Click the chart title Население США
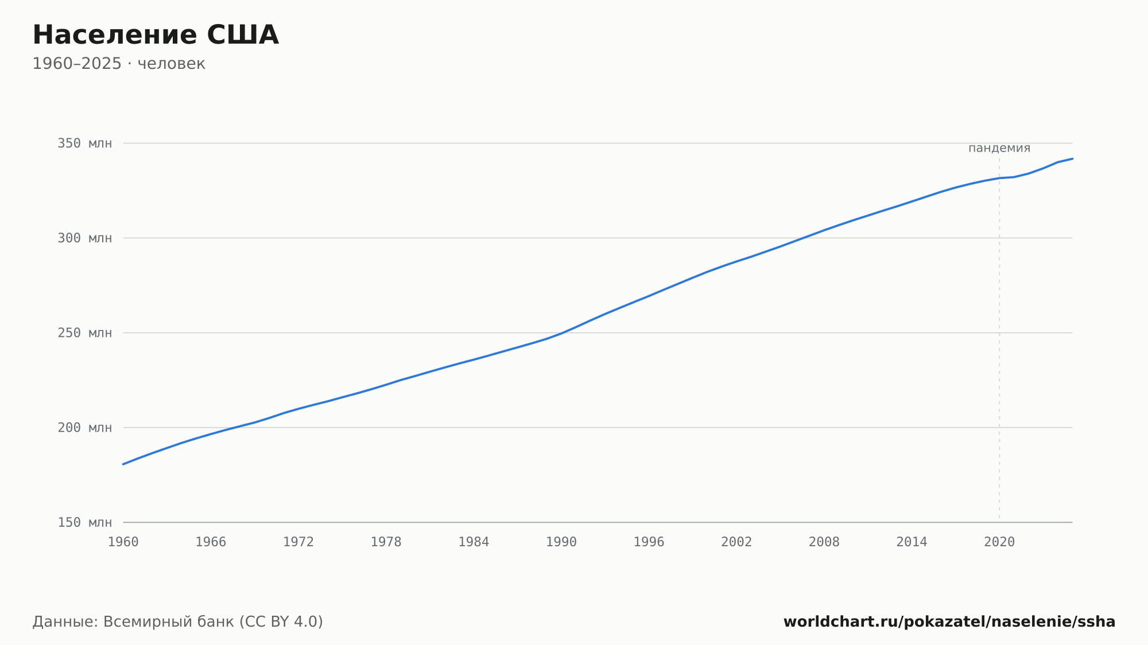tap(156, 35)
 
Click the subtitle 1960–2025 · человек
tap(119, 64)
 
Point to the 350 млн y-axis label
tap(84, 143)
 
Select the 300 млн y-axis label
tap(84, 238)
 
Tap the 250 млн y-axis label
tap(84, 333)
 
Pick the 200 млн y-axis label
tap(84, 428)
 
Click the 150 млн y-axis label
tap(84, 522)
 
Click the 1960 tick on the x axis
tap(123, 542)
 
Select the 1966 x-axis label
tap(211, 542)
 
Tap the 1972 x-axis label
tap(298, 542)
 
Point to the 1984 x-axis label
tap(474, 542)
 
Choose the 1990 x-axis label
tap(561, 542)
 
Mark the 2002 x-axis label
tap(736, 542)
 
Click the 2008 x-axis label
tap(824, 542)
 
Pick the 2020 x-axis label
tap(999, 542)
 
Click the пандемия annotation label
tap(999, 148)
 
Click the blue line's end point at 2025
tap(1072, 158)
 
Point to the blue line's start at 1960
tap(123, 464)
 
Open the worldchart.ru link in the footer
tap(949, 621)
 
